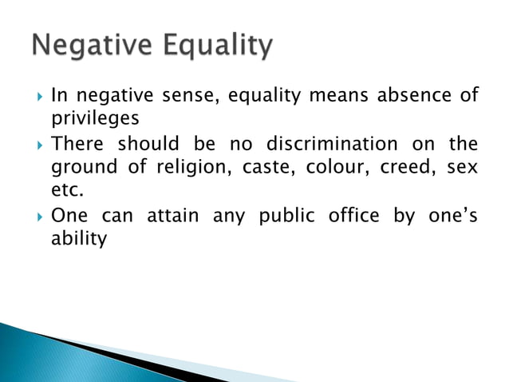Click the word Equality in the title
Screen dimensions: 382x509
coord(216,48)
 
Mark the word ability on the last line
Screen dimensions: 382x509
coord(78,239)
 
